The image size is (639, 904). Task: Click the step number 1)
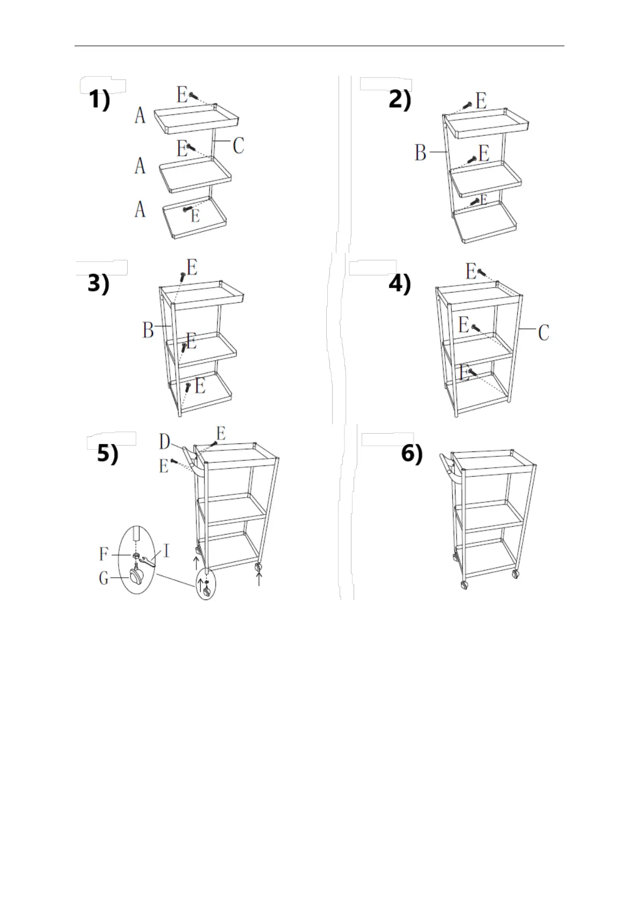[99, 100]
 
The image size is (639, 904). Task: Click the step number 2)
[400, 100]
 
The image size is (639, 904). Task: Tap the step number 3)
[98, 284]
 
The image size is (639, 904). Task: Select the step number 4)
[400, 284]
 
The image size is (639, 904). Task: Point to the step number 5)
[107, 455]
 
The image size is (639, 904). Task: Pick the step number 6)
[412, 455]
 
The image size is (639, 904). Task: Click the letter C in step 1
[238, 145]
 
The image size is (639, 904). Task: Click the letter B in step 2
[421, 153]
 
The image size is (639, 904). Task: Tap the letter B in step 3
[149, 330]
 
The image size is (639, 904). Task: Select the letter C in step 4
[543, 333]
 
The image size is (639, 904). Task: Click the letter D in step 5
[165, 442]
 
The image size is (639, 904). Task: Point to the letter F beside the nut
[105, 553]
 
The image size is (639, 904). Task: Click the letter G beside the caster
[105, 578]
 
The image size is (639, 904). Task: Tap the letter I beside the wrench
[166, 551]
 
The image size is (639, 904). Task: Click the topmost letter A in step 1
[140, 115]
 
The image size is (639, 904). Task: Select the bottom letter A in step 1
[140, 209]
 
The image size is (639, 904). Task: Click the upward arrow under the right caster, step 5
[260, 578]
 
